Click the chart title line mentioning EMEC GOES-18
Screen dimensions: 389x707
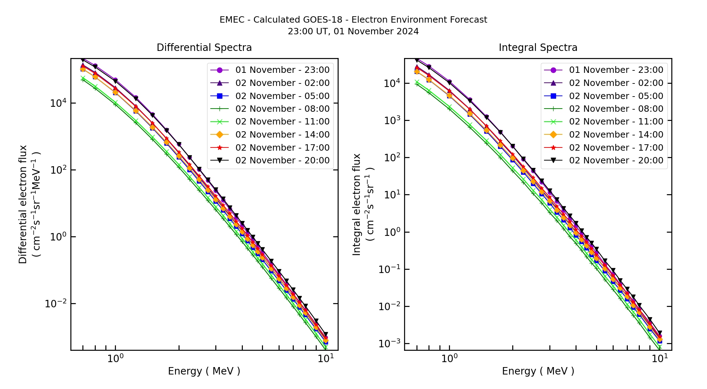coord(353,20)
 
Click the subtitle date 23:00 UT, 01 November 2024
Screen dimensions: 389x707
coord(353,31)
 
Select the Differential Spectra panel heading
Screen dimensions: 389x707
coord(204,48)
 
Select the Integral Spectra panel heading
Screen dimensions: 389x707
coord(538,48)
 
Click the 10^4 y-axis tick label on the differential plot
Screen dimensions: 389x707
coord(58,103)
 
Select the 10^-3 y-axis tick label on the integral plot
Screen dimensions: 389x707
coord(389,343)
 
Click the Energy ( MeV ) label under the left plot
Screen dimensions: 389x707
coord(204,371)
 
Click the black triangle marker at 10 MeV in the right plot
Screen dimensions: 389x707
coord(660,333)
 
